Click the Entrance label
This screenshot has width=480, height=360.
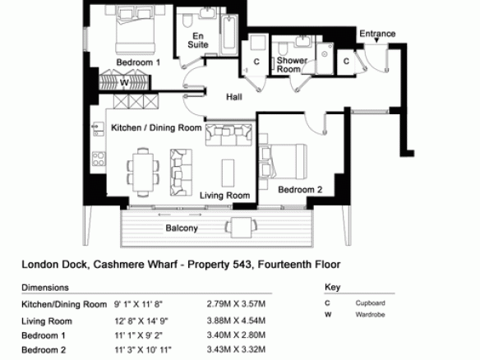[x=377, y=34]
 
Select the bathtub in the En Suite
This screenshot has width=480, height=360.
[x=229, y=33]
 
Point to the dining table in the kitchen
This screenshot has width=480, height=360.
[x=143, y=172]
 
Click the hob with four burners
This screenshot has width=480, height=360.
[x=99, y=159]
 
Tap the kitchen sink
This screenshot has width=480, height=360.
[x=98, y=129]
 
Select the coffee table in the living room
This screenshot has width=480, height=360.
[x=228, y=173]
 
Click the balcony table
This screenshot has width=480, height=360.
[x=241, y=227]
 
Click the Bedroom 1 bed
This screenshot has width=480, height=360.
[x=135, y=30]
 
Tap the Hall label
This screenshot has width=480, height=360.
[x=234, y=97]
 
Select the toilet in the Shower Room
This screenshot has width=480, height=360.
[x=282, y=48]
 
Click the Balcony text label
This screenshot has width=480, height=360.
[x=182, y=228]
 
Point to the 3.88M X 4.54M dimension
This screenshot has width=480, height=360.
[x=236, y=321]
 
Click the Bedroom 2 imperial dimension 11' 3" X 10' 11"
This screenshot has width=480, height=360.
[x=143, y=349]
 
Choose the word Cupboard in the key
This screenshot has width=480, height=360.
[x=370, y=303]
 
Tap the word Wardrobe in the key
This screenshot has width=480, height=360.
[x=370, y=315]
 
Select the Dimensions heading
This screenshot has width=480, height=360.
[x=45, y=288]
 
